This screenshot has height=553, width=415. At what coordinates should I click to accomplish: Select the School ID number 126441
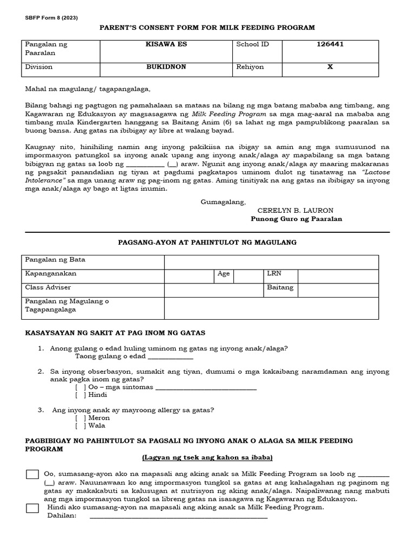pyautogui.click(x=330, y=44)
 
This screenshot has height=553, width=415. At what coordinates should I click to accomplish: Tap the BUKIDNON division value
pyautogui.click(x=168, y=68)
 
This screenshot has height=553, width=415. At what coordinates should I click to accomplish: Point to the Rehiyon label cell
pyautogui.click(x=250, y=68)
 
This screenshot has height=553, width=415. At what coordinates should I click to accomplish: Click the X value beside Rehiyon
pyautogui.click(x=330, y=68)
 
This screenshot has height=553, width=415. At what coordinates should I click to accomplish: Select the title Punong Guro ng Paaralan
pyautogui.click(x=296, y=219)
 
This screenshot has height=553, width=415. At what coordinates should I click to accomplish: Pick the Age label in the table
pyautogui.click(x=223, y=274)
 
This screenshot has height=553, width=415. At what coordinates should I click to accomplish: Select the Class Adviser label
pyautogui.click(x=48, y=288)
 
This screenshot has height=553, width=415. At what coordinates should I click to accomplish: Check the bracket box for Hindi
pyautogui.click(x=80, y=395)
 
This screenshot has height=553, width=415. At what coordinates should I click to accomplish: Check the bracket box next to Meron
pyautogui.click(x=80, y=418)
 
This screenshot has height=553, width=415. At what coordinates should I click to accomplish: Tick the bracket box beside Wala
pyautogui.click(x=80, y=426)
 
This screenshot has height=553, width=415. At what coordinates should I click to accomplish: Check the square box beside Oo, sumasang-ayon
pyautogui.click(x=32, y=475)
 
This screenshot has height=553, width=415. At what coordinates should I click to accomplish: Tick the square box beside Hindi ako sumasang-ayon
pyautogui.click(x=32, y=508)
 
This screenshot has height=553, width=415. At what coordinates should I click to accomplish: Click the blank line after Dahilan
pyautogui.click(x=178, y=517)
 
